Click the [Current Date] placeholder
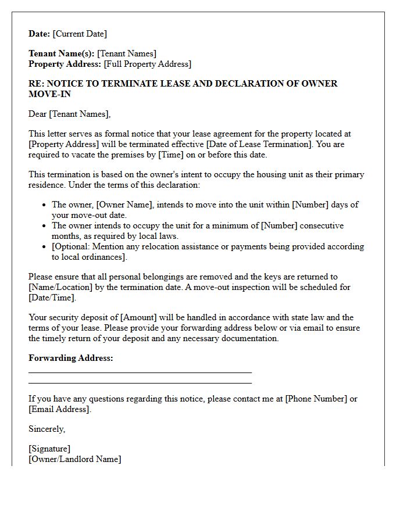click(x=80, y=34)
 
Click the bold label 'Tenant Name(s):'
click(x=61, y=54)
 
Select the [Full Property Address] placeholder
click(x=147, y=65)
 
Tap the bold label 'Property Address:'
click(x=65, y=65)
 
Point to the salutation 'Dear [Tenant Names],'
click(x=69, y=114)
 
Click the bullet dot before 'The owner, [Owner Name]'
click(x=45, y=205)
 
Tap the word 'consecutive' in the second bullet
click(x=319, y=225)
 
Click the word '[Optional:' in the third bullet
click(x=72, y=246)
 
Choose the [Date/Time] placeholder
click(x=51, y=298)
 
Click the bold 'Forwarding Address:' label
click(x=70, y=358)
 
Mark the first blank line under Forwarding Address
click(x=140, y=372)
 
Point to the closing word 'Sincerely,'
click(x=47, y=429)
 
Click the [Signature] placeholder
click(x=49, y=449)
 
